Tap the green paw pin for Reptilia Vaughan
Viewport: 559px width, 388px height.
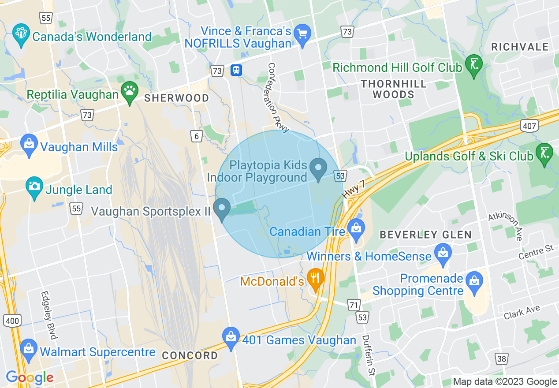click(129, 92)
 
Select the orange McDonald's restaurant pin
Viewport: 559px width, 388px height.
click(315, 278)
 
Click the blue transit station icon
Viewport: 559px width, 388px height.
click(236, 70)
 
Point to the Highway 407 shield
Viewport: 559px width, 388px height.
click(529, 127)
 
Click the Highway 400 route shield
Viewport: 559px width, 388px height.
click(12, 321)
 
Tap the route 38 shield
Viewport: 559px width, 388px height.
click(502, 359)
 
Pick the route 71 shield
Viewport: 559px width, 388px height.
click(354, 305)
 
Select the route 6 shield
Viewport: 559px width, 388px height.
click(196, 136)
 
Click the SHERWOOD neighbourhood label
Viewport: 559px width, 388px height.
click(177, 98)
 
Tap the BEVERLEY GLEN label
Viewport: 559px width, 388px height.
click(426, 235)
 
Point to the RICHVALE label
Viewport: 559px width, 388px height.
click(520, 47)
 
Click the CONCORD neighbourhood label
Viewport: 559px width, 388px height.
click(190, 355)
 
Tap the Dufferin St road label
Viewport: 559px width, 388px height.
click(369, 355)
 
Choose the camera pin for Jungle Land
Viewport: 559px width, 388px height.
click(34, 187)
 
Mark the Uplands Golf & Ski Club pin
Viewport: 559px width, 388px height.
click(544, 153)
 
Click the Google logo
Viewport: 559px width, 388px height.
click(30, 378)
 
